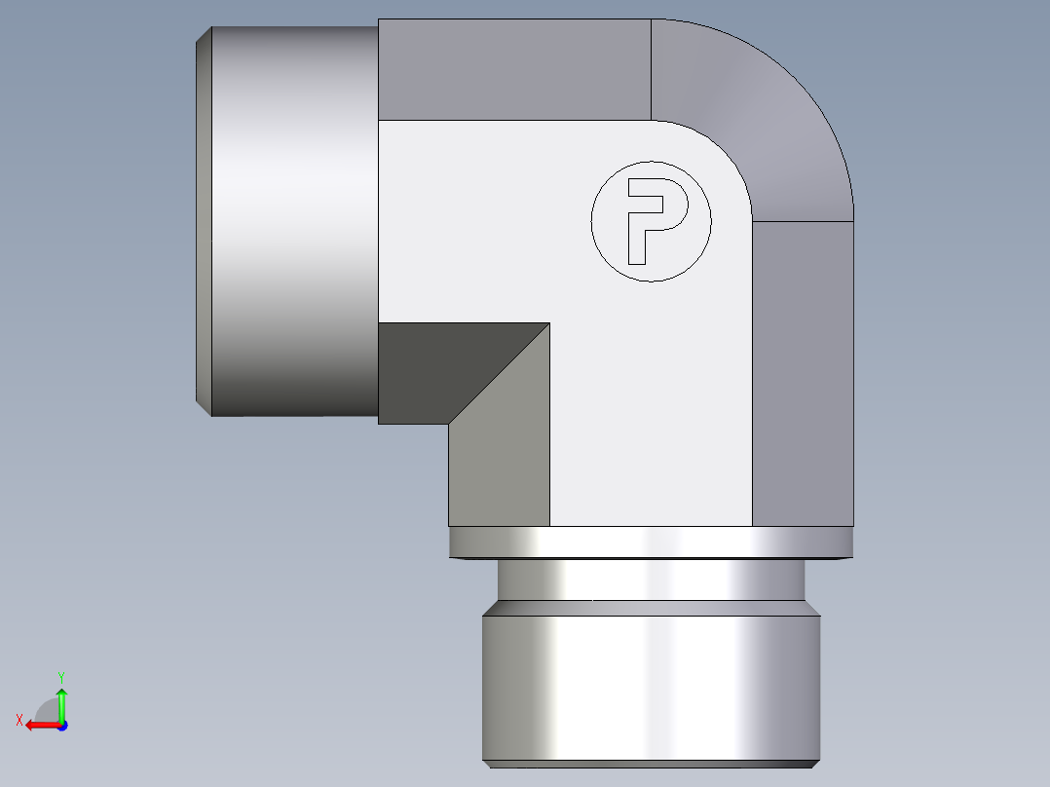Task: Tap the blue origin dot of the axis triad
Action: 61,726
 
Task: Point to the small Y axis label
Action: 60,676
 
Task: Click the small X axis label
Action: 19,720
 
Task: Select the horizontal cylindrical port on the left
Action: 292,221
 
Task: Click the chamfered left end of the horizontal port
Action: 204,221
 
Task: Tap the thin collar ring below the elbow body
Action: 651,543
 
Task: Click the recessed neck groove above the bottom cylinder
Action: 651,581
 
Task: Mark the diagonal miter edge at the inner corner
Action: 499,374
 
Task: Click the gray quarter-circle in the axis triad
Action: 48,709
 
